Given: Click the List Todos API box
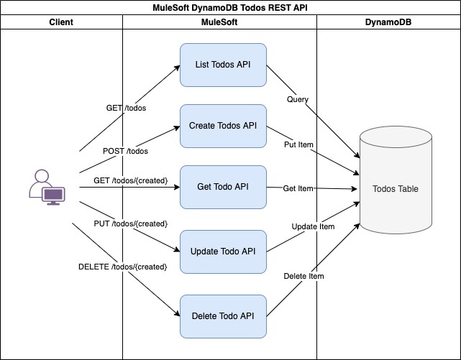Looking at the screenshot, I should pyautogui.click(x=223, y=65).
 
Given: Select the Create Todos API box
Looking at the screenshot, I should pyautogui.click(x=223, y=126).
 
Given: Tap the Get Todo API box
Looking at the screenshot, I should pyautogui.click(x=223, y=188).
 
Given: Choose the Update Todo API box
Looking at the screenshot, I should pyautogui.click(x=223, y=251).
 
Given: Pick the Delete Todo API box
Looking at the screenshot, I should pyautogui.click(x=223, y=315).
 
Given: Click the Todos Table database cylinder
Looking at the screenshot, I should pyautogui.click(x=395, y=190).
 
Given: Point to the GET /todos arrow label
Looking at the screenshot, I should pyautogui.click(x=127, y=108).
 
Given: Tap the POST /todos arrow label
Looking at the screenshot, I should pyautogui.click(x=126, y=151).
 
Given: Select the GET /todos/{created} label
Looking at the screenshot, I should pyautogui.click(x=130, y=180).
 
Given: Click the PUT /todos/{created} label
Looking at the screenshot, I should pyautogui.click(x=130, y=223).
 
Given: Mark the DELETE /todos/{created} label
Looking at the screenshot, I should pyautogui.click(x=122, y=267).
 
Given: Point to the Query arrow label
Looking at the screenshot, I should pyautogui.click(x=298, y=98).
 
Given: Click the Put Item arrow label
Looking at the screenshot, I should pyautogui.click(x=298, y=144).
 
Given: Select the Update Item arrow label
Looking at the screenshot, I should pyautogui.click(x=313, y=226).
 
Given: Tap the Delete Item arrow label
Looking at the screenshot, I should pyautogui.click(x=303, y=276).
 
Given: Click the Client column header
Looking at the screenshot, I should pyautogui.click(x=62, y=22).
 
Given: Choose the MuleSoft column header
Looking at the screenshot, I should pyautogui.click(x=219, y=22).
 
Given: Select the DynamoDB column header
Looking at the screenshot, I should pyautogui.click(x=388, y=22).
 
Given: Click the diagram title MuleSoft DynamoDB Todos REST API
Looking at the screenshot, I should pyautogui.click(x=230, y=8).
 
